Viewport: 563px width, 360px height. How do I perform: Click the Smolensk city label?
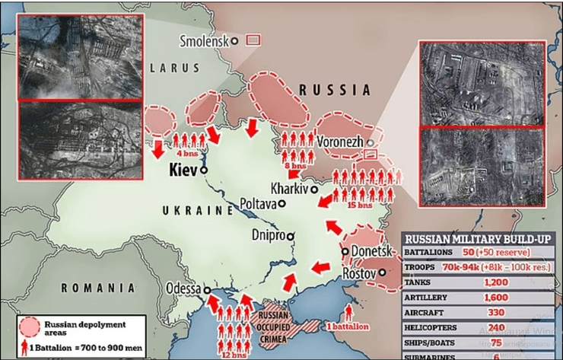[205, 41]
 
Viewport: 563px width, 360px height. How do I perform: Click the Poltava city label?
[257, 204]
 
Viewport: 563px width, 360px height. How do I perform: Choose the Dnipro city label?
[268, 235]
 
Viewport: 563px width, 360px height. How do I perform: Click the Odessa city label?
[181, 289]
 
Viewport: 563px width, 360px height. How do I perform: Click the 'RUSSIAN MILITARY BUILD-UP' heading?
[481, 237]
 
